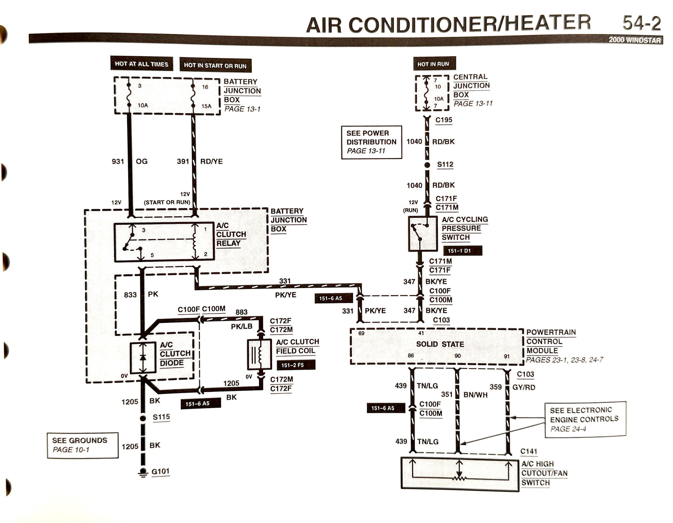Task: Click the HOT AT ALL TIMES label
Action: (x=142, y=64)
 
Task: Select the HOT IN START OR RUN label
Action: (x=215, y=65)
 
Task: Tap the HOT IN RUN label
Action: (x=434, y=64)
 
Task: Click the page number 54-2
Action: (x=641, y=23)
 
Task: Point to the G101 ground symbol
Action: (x=143, y=472)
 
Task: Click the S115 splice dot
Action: (x=143, y=418)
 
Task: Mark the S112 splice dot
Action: (x=427, y=165)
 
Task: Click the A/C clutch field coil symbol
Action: (x=260, y=355)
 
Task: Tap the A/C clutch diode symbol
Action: (x=143, y=357)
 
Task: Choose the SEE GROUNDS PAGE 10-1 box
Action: (x=82, y=445)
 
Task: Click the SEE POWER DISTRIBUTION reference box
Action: (x=371, y=142)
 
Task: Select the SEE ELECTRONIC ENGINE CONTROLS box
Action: (x=585, y=419)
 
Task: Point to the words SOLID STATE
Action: (x=440, y=344)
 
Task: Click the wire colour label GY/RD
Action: (x=524, y=387)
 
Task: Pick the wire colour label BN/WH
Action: (x=476, y=395)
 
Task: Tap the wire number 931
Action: (x=118, y=161)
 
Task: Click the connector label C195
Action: (x=444, y=120)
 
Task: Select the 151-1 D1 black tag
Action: (x=459, y=251)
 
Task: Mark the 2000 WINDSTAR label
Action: (x=634, y=40)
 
